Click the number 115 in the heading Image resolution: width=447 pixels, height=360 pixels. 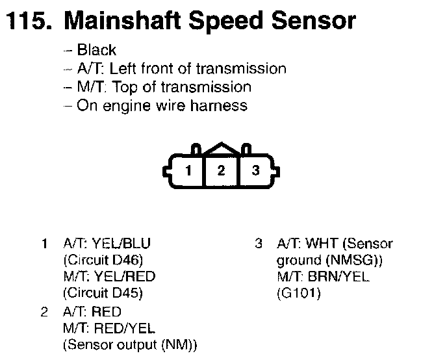[x=27, y=21]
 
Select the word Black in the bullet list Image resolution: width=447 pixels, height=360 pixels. [x=96, y=50]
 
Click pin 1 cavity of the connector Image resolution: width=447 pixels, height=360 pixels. [x=188, y=171]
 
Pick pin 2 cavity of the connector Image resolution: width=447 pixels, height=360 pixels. [x=222, y=171]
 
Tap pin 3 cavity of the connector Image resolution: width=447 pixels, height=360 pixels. [x=256, y=171]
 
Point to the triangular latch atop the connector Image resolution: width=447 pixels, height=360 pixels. [x=222, y=149]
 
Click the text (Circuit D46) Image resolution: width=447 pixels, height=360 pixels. [x=103, y=261]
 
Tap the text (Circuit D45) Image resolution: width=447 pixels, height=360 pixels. [x=103, y=293]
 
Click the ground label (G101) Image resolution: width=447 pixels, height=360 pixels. [x=298, y=293]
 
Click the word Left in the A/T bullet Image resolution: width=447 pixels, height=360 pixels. [x=125, y=68]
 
